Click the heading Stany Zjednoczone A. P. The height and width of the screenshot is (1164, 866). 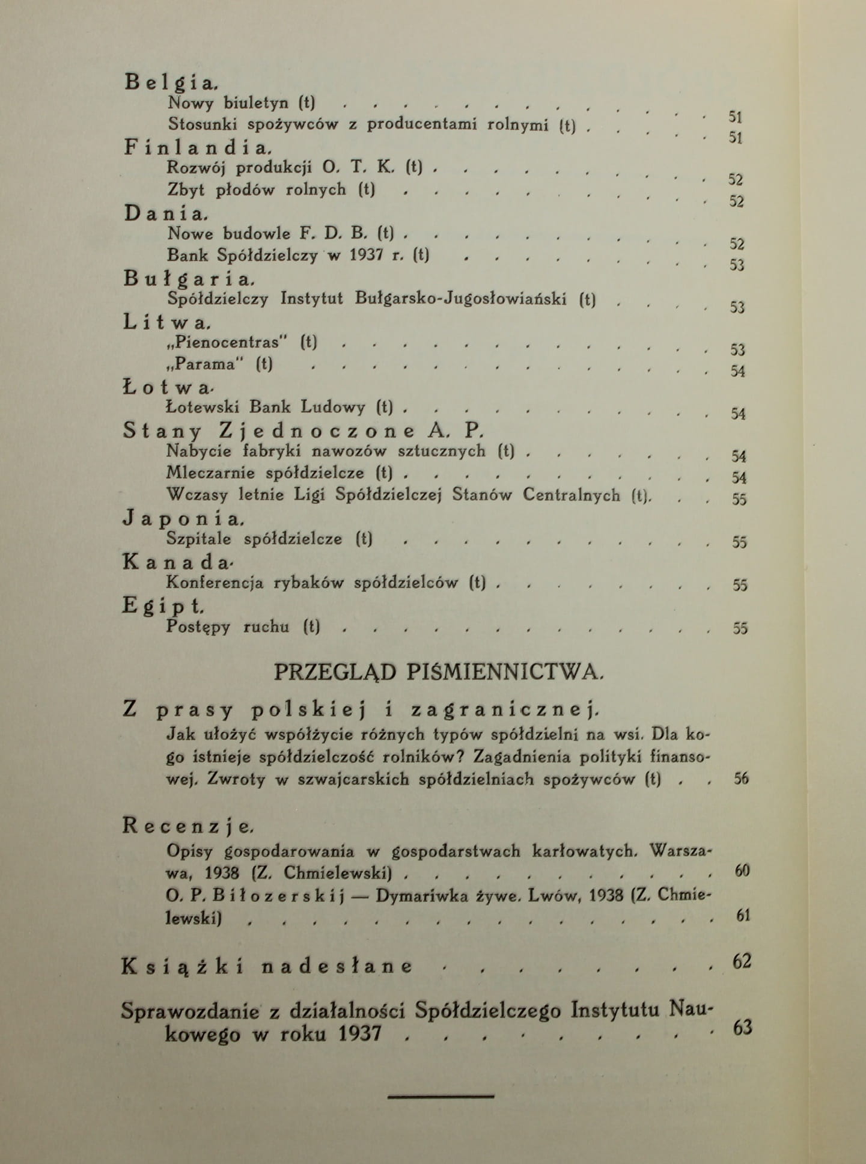point(303,430)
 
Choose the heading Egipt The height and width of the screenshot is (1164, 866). point(163,605)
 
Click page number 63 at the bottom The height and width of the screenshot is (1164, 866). point(743,1027)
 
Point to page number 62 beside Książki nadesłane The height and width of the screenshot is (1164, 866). point(742,961)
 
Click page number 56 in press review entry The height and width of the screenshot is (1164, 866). point(742,779)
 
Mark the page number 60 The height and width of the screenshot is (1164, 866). point(742,871)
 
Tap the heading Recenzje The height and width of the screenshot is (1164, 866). point(189,826)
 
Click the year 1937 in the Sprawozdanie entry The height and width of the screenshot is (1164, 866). point(359,1034)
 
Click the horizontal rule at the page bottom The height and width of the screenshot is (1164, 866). point(441,1096)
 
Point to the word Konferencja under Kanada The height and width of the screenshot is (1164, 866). point(215,583)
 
